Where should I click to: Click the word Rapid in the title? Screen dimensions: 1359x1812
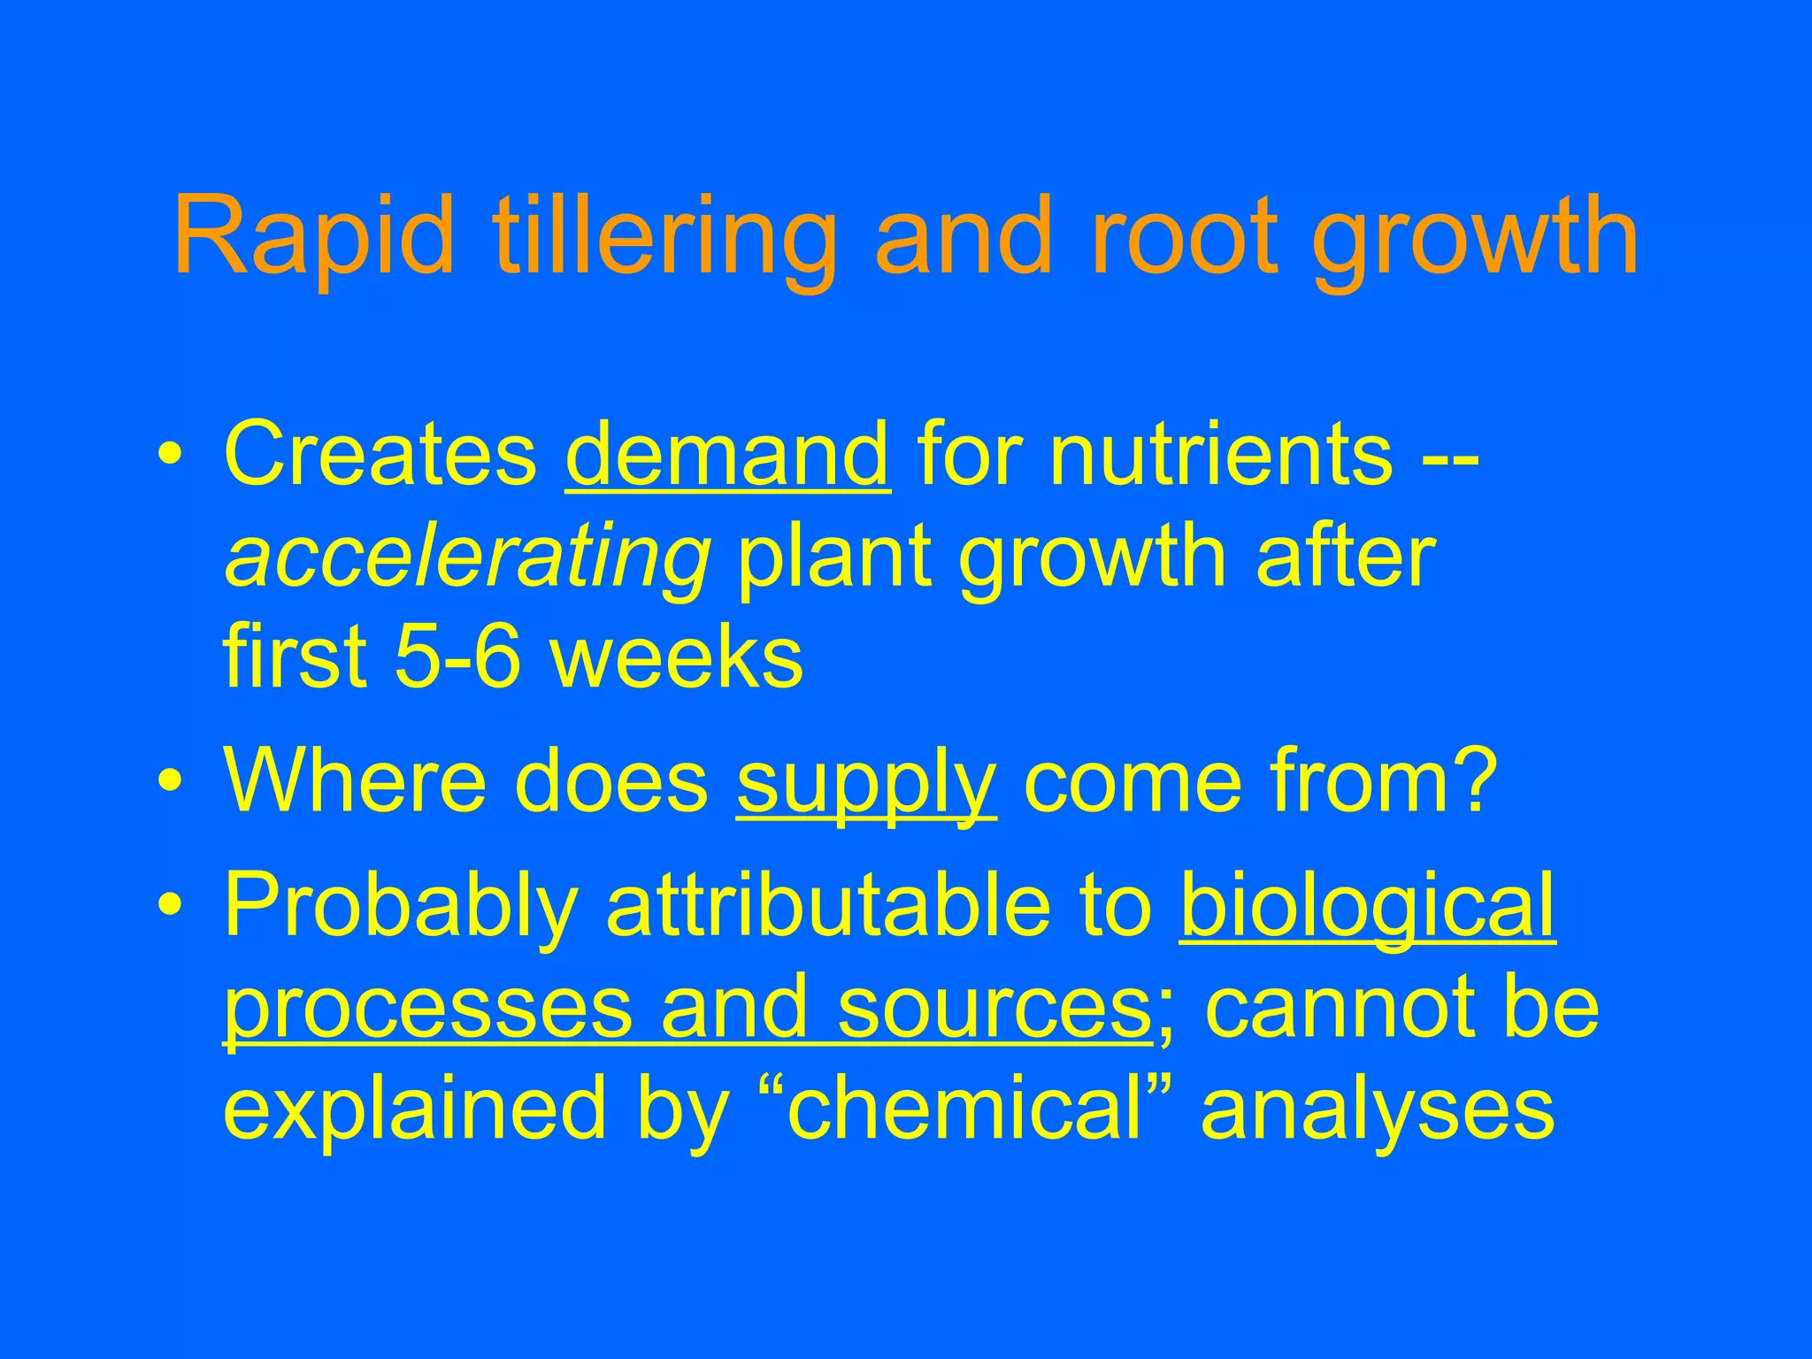click(x=314, y=236)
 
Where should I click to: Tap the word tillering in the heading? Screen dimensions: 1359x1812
click(x=664, y=236)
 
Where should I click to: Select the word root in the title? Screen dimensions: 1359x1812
click(x=1186, y=236)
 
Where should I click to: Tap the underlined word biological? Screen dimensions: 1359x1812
click(x=1367, y=907)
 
